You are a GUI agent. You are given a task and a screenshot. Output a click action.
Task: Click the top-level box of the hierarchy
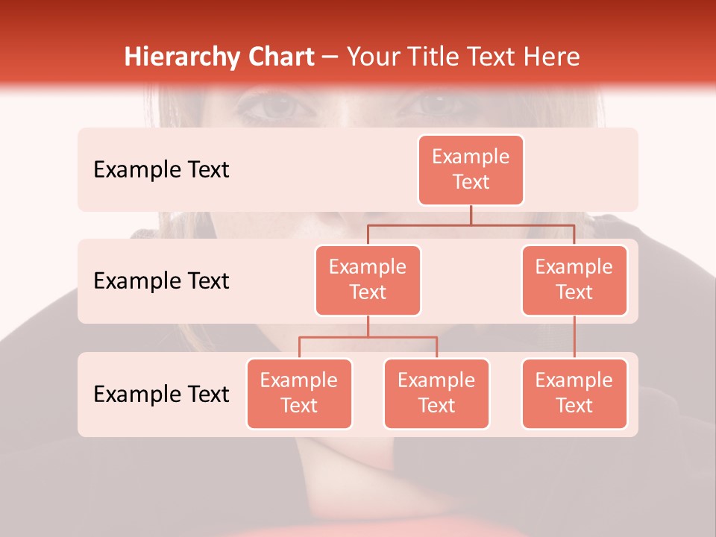(471, 170)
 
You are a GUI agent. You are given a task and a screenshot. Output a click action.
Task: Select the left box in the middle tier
(368, 280)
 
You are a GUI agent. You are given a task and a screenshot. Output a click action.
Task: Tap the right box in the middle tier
(574, 280)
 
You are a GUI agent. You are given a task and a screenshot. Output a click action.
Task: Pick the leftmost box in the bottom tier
(299, 394)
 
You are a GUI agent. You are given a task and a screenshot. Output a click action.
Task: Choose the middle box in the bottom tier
(436, 394)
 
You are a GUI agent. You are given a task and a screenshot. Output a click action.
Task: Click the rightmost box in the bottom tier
(574, 394)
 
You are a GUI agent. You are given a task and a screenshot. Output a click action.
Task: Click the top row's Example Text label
(161, 170)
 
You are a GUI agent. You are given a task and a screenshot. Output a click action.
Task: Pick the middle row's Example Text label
(161, 281)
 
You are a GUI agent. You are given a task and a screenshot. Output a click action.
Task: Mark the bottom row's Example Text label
(161, 394)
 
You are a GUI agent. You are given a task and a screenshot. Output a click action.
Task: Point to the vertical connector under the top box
(471, 215)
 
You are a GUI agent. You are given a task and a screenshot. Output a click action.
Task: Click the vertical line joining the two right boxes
(574, 337)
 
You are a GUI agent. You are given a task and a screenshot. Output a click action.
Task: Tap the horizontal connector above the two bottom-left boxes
(368, 337)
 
